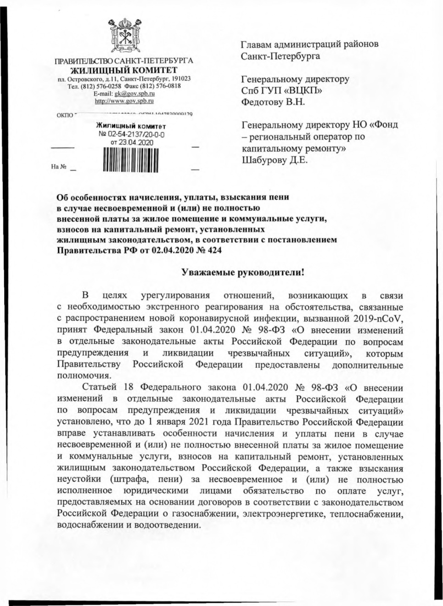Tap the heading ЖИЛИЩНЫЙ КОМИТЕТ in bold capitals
click(x=123, y=70)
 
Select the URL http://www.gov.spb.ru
click(x=124, y=101)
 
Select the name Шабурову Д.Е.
click(x=275, y=160)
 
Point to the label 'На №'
click(x=59, y=167)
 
